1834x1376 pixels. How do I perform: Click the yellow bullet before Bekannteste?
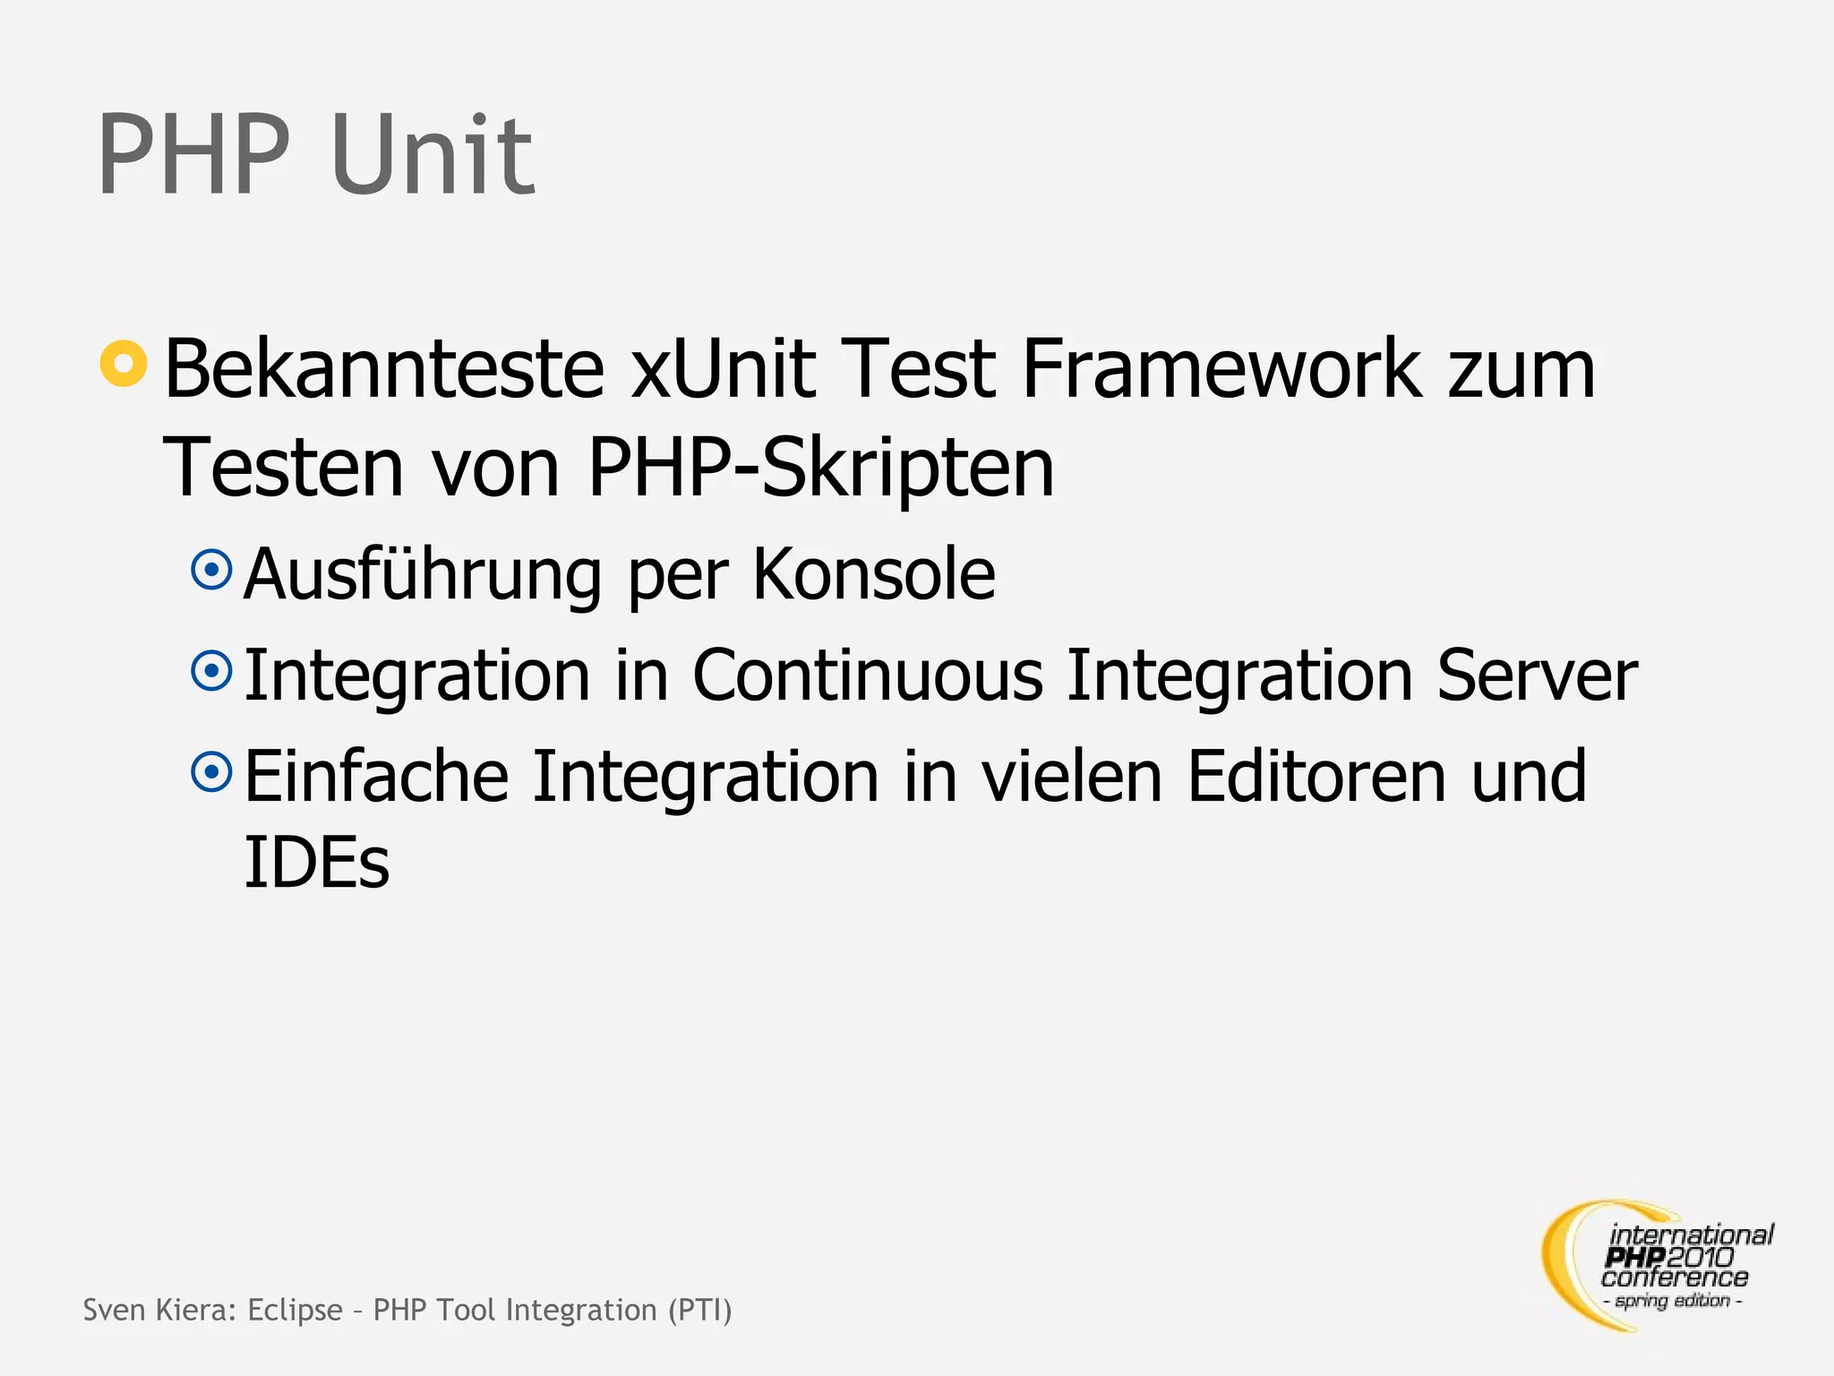(x=124, y=364)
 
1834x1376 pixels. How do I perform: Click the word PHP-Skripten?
(x=820, y=469)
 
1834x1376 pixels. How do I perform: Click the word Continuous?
(x=868, y=675)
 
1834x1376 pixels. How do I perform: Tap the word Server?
(x=1537, y=675)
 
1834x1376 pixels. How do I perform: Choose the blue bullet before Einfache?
(x=212, y=771)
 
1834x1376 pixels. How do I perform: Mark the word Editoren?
(x=1316, y=776)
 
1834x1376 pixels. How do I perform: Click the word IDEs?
(x=317, y=862)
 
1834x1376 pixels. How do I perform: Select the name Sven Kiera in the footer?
(x=159, y=1310)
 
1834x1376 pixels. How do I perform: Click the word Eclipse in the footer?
(x=295, y=1310)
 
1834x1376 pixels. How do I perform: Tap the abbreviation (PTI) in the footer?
(x=699, y=1310)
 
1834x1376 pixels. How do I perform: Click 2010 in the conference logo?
(x=1700, y=1258)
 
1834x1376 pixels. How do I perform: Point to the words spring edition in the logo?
(x=1672, y=1301)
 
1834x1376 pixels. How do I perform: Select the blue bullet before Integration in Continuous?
(x=212, y=670)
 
